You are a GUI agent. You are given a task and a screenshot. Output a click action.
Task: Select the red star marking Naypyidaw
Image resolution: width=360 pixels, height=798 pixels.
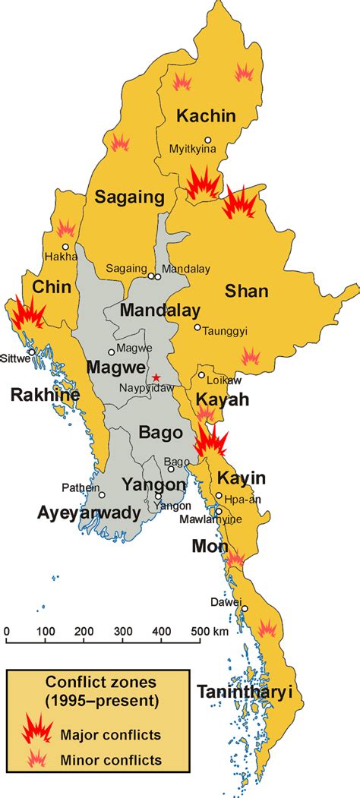[x=156, y=377]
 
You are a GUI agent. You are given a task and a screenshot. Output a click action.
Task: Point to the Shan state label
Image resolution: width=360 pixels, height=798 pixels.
[x=247, y=292]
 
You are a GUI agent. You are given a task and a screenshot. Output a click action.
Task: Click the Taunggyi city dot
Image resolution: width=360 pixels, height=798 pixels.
[x=197, y=328]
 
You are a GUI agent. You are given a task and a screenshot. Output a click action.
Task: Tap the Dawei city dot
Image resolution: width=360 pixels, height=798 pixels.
[x=245, y=609]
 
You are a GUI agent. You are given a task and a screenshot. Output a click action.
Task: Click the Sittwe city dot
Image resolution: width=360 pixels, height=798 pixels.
[x=31, y=352]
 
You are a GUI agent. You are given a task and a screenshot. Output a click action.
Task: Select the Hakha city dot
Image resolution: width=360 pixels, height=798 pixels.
[x=66, y=247]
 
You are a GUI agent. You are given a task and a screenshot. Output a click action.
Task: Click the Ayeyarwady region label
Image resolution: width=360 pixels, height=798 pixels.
[x=89, y=513]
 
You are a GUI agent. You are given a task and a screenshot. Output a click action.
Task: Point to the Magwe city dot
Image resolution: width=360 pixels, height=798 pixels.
[x=112, y=351]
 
